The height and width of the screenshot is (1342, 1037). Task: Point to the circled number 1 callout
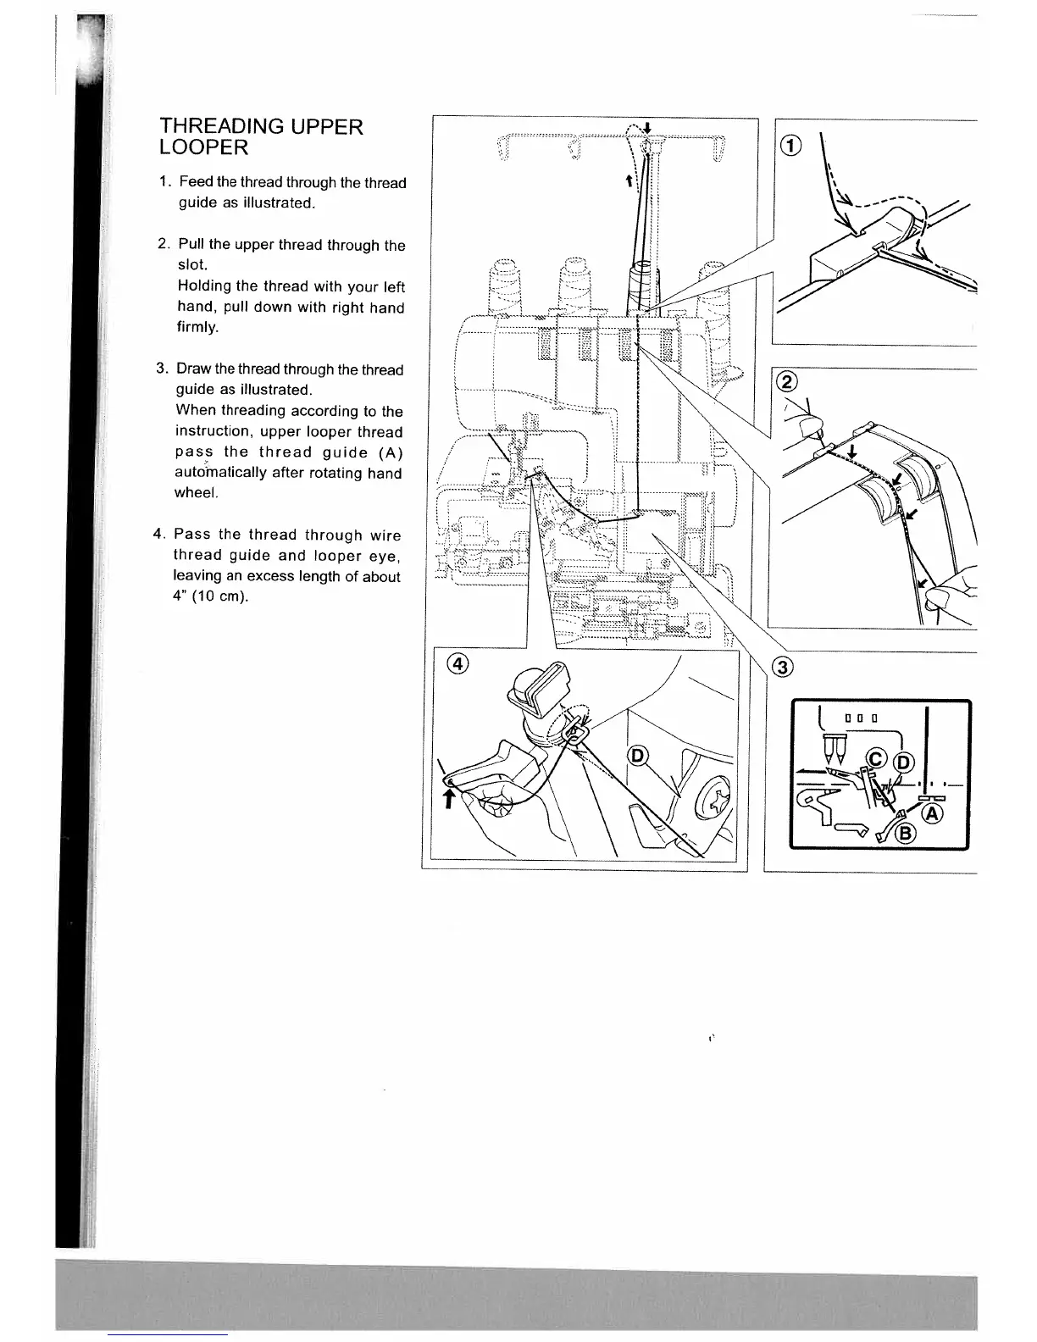tap(790, 147)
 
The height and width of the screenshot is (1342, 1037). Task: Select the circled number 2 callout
tap(787, 381)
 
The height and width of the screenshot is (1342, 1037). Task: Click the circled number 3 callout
tap(784, 668)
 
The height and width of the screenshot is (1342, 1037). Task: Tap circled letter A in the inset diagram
tap(933, 813)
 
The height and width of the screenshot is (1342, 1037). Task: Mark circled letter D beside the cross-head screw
tap(637, 757)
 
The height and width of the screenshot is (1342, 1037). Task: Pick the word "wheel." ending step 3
tap(196, 492)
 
